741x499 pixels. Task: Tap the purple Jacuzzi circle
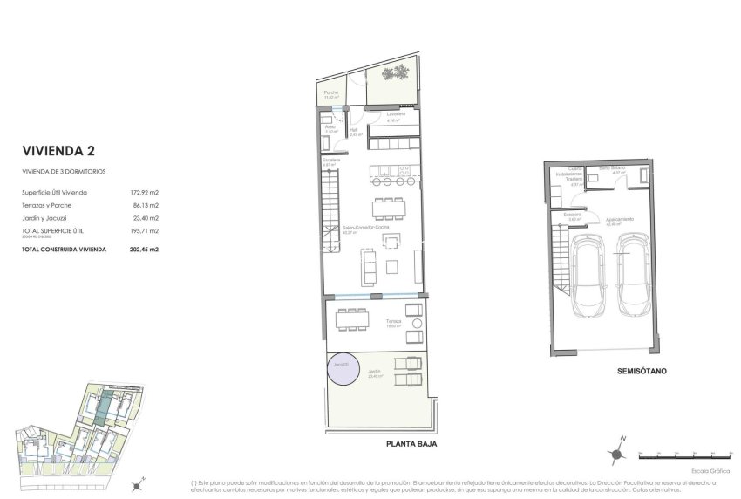coord(342,370)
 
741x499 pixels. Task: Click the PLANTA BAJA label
coord(411,444)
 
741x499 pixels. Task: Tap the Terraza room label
coord(394,322)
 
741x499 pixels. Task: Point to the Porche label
coord(330,92)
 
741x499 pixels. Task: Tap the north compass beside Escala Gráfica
coord(616,452)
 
